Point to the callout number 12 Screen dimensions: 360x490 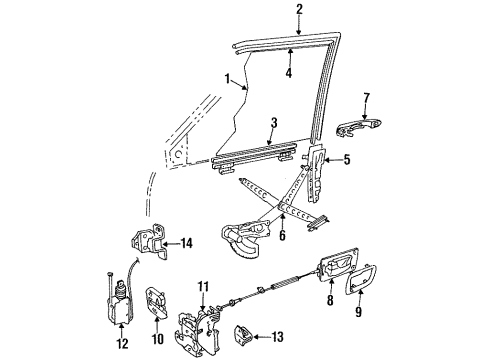[x=121, y=344]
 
